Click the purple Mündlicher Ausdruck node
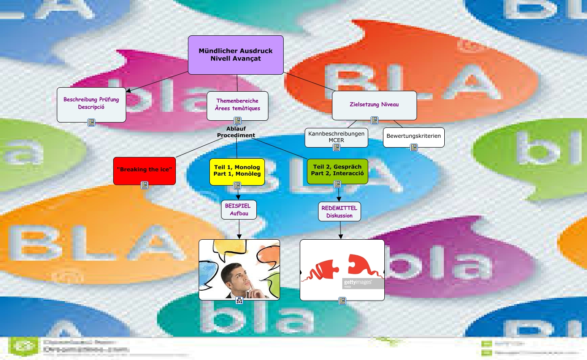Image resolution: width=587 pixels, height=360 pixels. point(235,55)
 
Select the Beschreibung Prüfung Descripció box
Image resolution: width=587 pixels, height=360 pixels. point(91,104)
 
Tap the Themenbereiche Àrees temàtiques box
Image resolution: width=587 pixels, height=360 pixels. point(237,105)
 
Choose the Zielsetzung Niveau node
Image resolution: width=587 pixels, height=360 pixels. point(374,105)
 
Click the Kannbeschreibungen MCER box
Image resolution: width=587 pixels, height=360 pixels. point(336,137)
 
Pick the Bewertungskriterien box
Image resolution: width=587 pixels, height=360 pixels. point(413,136)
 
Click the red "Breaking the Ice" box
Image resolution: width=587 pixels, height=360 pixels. point(144,170)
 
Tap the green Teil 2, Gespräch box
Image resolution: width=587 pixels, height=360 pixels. point(337,170)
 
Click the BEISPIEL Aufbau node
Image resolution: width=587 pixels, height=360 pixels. point(239,209)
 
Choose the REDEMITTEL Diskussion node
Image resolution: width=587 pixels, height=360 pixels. point(339,211)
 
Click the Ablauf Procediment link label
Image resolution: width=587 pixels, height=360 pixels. point(236,132)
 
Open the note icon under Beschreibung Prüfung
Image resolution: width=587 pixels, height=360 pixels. point(91,122)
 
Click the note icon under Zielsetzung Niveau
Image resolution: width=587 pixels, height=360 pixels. point(374,120)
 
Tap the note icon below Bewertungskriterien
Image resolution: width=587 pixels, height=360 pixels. point(414,147)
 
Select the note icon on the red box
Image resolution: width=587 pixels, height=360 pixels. point(145,185)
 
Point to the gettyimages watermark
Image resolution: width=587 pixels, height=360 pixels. point(357,283)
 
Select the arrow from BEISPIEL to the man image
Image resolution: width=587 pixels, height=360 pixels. point(239,229)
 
